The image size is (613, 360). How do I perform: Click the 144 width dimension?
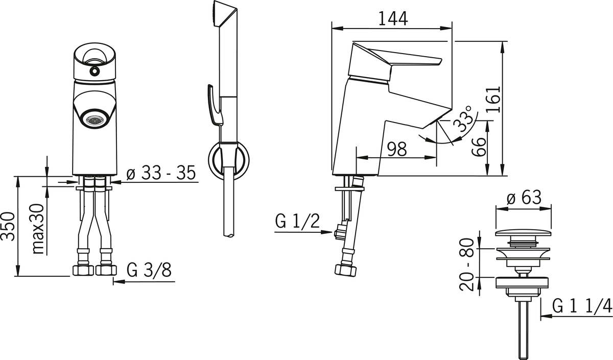(x=393, y=18)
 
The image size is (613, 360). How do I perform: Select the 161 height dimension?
(x=493, y=100)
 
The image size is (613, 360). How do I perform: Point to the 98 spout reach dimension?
(x=397, y=149)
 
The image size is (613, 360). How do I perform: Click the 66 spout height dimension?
(x=479, y=147)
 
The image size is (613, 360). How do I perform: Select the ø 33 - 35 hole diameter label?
(x=161, y=173)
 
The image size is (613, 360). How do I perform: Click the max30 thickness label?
(x=37, y=229)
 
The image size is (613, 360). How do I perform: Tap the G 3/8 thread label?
(x=149, y=270)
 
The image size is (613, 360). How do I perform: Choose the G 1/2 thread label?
(x=297, y=221)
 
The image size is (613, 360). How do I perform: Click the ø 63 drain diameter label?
(x=524, y=197)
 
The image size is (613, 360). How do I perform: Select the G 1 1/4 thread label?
(x=582, y=306)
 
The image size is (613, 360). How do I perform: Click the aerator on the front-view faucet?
(x=95, y=120)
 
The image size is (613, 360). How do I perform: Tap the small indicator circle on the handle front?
(x=95, y=71)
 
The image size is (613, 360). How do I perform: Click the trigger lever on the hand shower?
(x=215, y=105)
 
